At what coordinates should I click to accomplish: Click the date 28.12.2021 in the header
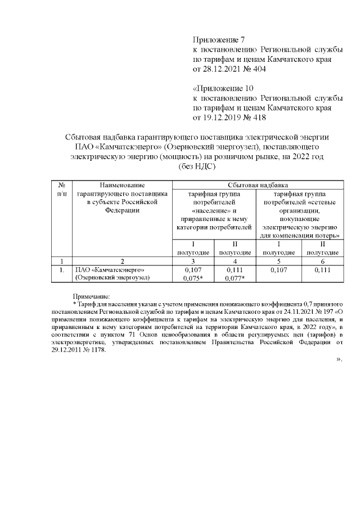pos(223,69)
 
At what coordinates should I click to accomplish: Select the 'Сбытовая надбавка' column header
pos(259,184)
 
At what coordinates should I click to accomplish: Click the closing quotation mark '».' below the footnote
pos(339,359)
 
